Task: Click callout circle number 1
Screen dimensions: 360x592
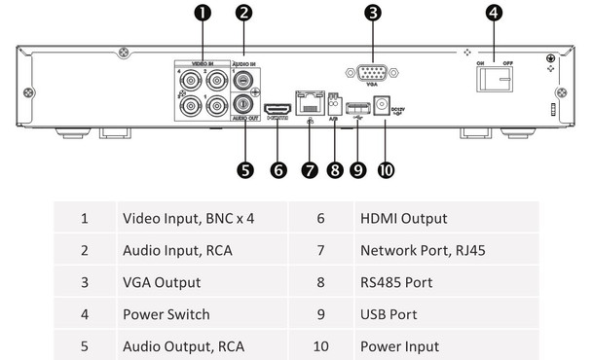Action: pyautogui.click(x=202, y=13)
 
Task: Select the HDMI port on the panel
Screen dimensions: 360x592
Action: pyautogui.click(x=278, y=107)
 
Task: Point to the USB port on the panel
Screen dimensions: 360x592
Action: pyautogui.click(x=356, y=106)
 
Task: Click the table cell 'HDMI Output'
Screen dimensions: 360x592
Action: pyautogui.click(x=403, y=219)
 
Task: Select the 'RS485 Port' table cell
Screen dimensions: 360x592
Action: pyautogui.click(x=395, y=282)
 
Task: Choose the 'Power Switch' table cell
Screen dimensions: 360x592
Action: pyautogui.click(x=160, y=314)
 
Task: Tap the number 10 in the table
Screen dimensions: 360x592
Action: pyautogui.click(x=320, y=345)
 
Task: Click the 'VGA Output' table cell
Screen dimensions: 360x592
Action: pyautogui.click(x=161, y=282)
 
